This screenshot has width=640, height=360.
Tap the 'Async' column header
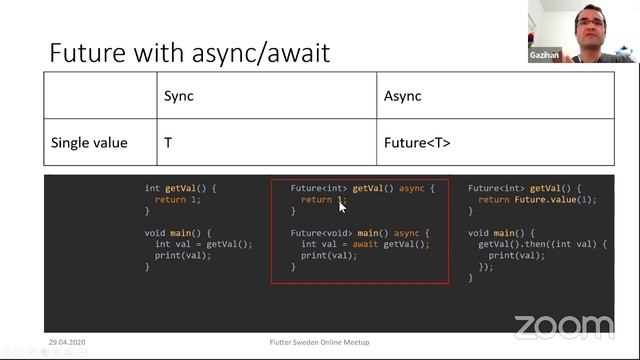coord(402,96)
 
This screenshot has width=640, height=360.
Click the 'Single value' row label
coord(89,143)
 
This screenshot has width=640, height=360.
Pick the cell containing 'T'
coord(168,143)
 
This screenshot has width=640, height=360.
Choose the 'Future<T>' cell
coord(417,143)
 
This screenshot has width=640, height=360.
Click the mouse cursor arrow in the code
coord(342,205)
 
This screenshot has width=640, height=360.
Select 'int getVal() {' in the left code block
coord(180,188)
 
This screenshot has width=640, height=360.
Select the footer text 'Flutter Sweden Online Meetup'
coord(319,343)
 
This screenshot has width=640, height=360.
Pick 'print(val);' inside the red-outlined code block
coord(328,255)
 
